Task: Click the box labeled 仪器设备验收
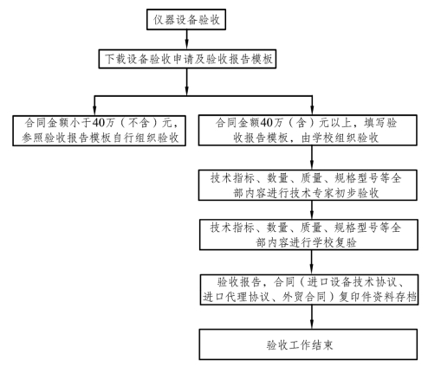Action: [186, 20]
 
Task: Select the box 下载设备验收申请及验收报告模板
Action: [187, 59]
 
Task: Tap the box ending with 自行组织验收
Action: [99, 131]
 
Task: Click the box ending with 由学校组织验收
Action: [308, 130]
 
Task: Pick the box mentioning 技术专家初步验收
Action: [308, 185]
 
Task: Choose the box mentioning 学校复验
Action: [308, 234]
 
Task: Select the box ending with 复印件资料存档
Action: [309, 290]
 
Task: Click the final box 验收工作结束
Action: [308, 344]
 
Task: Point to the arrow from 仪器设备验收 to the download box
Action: [187, 40]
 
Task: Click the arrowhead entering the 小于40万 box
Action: [94, 112]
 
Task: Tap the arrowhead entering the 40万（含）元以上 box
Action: [312, 111]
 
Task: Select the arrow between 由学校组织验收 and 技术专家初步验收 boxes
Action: [312, 157]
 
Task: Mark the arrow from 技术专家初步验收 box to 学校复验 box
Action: [312, 210]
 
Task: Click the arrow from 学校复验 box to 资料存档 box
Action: [312, 262]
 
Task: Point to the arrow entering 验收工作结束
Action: [312, 317]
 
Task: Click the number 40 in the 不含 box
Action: [99, 123]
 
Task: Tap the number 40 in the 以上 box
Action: [267, 123]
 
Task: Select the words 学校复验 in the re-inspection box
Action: [334, 242]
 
